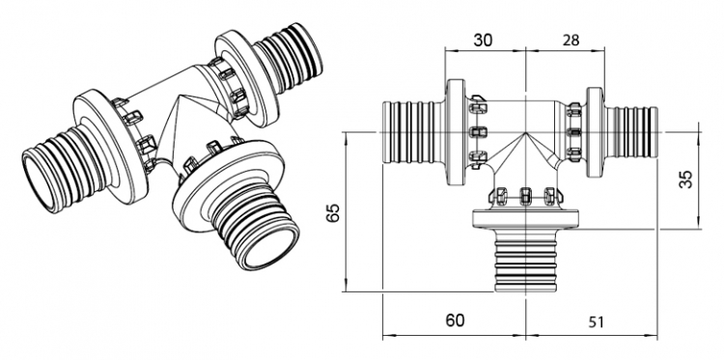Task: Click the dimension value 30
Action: click(483, 41)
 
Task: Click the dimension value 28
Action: click(571, 41)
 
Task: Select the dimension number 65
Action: click(333, 211)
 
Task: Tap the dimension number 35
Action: click(687, 180)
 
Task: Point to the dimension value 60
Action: click(455, 319)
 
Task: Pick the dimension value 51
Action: click(597, 321)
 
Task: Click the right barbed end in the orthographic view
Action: click(631, 132)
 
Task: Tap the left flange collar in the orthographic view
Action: click(457, 132)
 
